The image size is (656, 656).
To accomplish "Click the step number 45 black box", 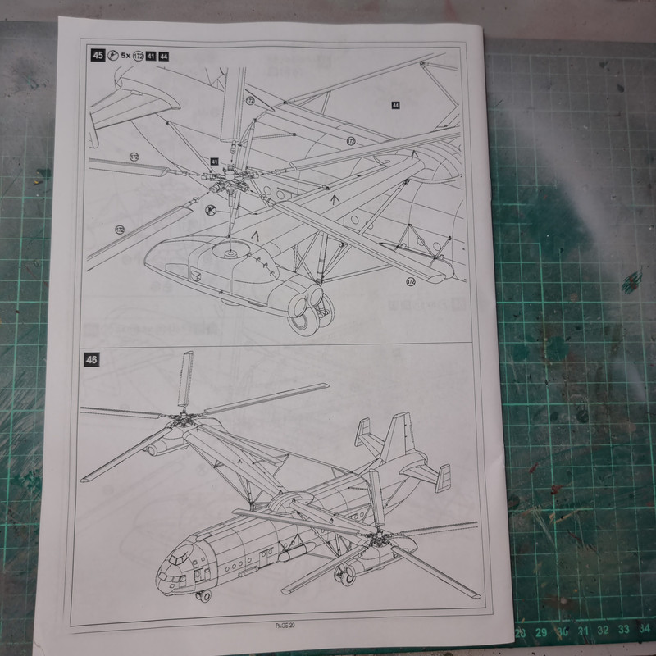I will coord(98,56).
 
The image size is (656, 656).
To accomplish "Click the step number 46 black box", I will coord(92,362).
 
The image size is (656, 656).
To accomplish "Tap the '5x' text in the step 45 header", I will coord(125,56).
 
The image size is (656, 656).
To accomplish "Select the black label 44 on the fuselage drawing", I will coord(395,106).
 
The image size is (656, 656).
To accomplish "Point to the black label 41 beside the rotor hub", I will coord(214,162).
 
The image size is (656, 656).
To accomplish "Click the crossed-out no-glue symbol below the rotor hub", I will coord(210,210).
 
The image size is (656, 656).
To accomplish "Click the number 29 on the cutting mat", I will coord(541,633).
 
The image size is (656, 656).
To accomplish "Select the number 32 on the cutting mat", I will coord(603,631).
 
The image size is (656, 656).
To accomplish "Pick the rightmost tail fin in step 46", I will coord(443,477).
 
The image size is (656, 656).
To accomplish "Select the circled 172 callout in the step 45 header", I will coord(140,56).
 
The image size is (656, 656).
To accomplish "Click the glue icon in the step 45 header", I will coord(112,56).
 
